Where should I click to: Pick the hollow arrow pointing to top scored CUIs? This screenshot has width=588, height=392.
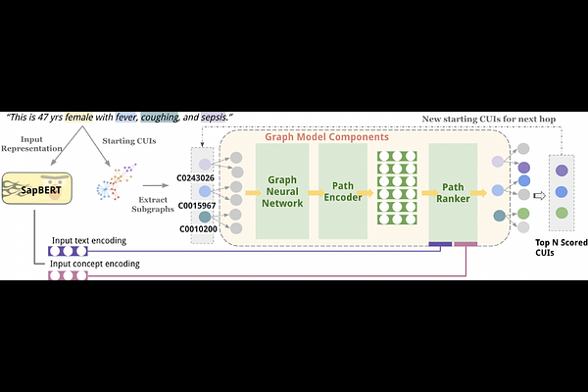pyautogui.click(x=538, y=193)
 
